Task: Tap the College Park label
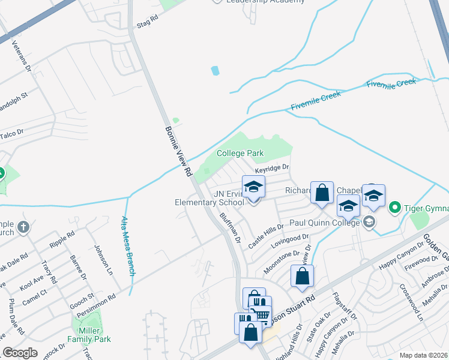point(240,154)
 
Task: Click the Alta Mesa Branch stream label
point(128,238)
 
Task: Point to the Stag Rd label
point(147,22)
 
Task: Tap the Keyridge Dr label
point(276,169)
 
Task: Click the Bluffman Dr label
point(230,227)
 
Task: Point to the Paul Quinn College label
point(326,223)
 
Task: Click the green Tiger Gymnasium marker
point(394,208)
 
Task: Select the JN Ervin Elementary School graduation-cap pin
point(253,187)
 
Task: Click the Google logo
point(20,353)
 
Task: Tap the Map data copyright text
point(423,355)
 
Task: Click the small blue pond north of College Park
point(215,71)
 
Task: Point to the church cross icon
point(23,227)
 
